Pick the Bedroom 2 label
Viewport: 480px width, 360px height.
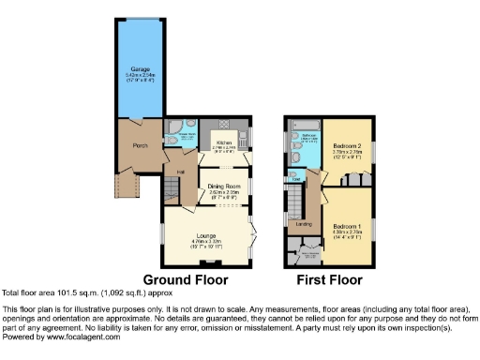point(347,146)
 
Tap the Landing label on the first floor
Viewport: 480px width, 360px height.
point(304,224)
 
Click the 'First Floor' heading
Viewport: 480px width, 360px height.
point(328,279)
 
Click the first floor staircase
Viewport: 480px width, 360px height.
point(296,201)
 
